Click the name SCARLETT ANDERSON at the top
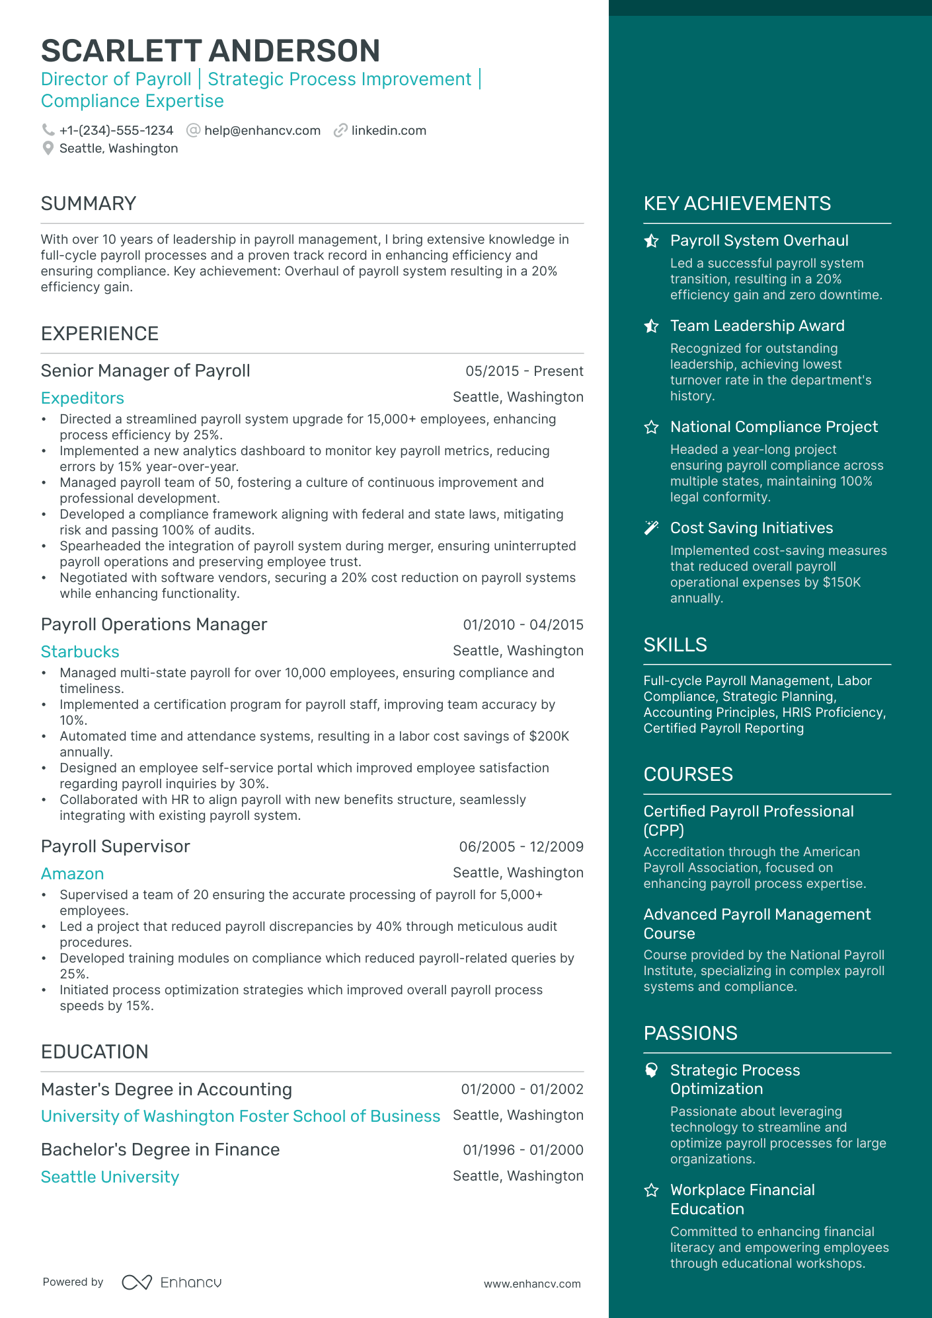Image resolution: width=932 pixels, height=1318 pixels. pos(210,51)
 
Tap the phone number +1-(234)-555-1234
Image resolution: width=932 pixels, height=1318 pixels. pos(116,131)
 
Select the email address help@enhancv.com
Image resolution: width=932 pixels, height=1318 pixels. pos(262,131)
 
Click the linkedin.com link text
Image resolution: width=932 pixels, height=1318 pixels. pos(389,131)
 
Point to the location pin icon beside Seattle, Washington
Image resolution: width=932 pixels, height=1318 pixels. pos(48,149)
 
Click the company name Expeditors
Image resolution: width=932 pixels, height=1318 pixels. pos(83,398)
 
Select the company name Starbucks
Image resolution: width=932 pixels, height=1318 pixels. pos(80,652)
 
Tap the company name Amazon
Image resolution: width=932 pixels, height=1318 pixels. pos(72,874)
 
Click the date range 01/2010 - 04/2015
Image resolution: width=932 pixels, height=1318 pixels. pos(523,625)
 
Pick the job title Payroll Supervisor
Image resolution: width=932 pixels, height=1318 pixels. pos(115,847)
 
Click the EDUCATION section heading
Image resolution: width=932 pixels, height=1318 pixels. pos(95,1052)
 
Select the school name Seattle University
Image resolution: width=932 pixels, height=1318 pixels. pos(110,1177)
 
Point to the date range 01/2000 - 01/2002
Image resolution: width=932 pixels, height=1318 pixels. pos(522,1089)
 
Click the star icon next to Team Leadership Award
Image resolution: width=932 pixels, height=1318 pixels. pos(651,326)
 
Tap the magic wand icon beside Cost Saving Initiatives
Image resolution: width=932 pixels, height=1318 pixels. pos(651,528)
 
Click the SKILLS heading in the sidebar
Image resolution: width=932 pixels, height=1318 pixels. pos(675,645)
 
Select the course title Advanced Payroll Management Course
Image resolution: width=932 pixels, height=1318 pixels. pos(757,924)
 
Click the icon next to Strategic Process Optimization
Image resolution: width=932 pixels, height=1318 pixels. pos(651,1070)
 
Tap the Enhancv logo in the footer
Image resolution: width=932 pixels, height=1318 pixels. pos(172,1282)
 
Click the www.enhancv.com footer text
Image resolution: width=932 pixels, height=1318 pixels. pos(532,1284)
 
